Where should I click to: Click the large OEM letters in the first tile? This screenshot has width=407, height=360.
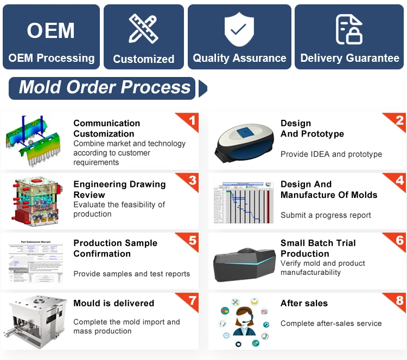[x=51, y=30]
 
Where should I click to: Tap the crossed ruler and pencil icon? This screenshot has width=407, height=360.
[x=143, y=29]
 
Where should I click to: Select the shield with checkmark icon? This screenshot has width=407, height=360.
[x=239, y=28]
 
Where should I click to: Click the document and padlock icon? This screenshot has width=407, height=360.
[x=349, y=29]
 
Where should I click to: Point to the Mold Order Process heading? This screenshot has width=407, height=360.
[x=105, y=87]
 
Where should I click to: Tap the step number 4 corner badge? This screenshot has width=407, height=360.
[x=399, y=181]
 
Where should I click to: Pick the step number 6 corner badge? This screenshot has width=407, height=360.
[x=399, y=240]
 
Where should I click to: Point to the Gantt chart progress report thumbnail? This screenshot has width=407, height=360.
[x=242, y=202]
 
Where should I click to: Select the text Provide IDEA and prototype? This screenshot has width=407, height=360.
[x=331, y=154]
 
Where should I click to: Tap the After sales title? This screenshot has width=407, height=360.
[x=304, y=303]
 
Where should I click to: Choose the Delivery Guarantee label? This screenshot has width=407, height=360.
[x=349, y=58]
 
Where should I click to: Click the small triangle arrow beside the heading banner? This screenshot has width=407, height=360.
[x=202, y=88]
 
